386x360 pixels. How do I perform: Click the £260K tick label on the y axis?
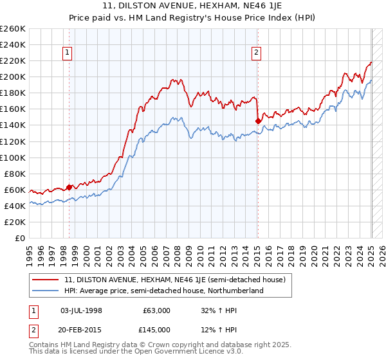[13, 29]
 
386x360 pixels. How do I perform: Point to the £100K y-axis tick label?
[13, 157]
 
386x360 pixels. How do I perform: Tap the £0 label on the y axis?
[21, 239]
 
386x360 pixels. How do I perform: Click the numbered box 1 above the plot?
[68, 53]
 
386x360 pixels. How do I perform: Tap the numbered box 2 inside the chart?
[256, 53]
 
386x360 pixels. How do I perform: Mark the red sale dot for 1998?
[69, 187]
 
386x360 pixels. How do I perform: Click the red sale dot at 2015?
[258, 120]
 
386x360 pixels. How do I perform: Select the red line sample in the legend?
[46, 280]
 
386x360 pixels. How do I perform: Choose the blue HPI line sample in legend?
[46, 291]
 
